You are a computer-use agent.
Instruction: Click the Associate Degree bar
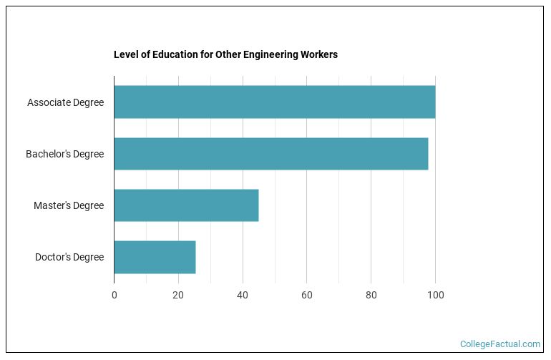tap(274, 102)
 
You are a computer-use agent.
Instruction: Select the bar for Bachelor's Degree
tap(270, 154)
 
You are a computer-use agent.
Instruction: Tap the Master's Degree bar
tap(186, 205)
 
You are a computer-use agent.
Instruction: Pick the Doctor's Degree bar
tap(155, 257)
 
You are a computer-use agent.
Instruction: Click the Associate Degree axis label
tap(65, 102)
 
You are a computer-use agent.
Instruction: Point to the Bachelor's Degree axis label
tap(64, 154)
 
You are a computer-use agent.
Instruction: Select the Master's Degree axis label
tap(69, 205)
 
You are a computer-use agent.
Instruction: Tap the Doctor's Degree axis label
tap(69, 257)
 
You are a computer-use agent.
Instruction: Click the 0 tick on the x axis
tap(114, 295)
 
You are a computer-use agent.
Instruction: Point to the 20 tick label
tap(178, 295)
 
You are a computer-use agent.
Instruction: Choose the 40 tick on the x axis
tap(243, 295)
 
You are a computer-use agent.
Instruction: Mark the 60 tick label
tap(306, 295)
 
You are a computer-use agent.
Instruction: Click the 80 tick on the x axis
tap(371, 295)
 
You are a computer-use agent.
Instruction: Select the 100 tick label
tap(435, 295)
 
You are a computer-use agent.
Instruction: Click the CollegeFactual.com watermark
tap(499, 344)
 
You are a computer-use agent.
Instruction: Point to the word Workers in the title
tap(320, 54)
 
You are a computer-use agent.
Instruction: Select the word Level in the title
tap(125, 54)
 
